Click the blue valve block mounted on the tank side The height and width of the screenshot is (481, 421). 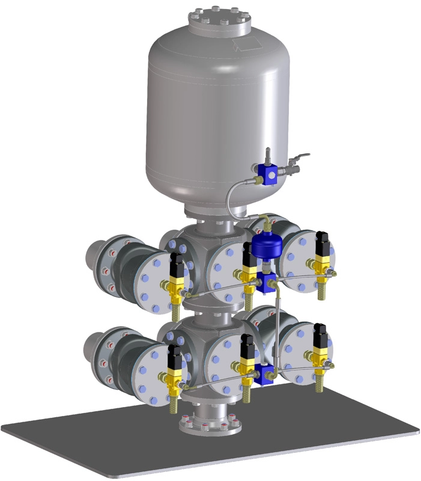pyautogui.click(x=271, y=174)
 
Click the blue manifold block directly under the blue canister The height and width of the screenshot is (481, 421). pyautogui.click(x=267, y=283)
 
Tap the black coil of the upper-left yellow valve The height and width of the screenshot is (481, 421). pyautogui.click(x=177, y=265)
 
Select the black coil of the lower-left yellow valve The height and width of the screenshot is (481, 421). pyautogui.click(x=174, y=359)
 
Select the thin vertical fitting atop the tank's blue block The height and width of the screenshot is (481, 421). pyautogui.click(x=268, y=155)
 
